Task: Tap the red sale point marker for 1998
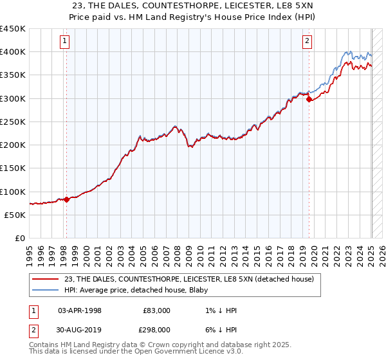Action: (x=66, y=199)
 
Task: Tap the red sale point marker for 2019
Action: (x=309, y=99)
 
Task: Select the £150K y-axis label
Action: (x=13, y=168)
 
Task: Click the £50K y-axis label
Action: (x=15, y=215)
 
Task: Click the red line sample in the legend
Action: (x=46, y=279)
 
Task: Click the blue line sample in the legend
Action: (x=46, y=291)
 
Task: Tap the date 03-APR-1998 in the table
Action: (x=80, y=310)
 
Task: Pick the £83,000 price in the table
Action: (x=156, y=310)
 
